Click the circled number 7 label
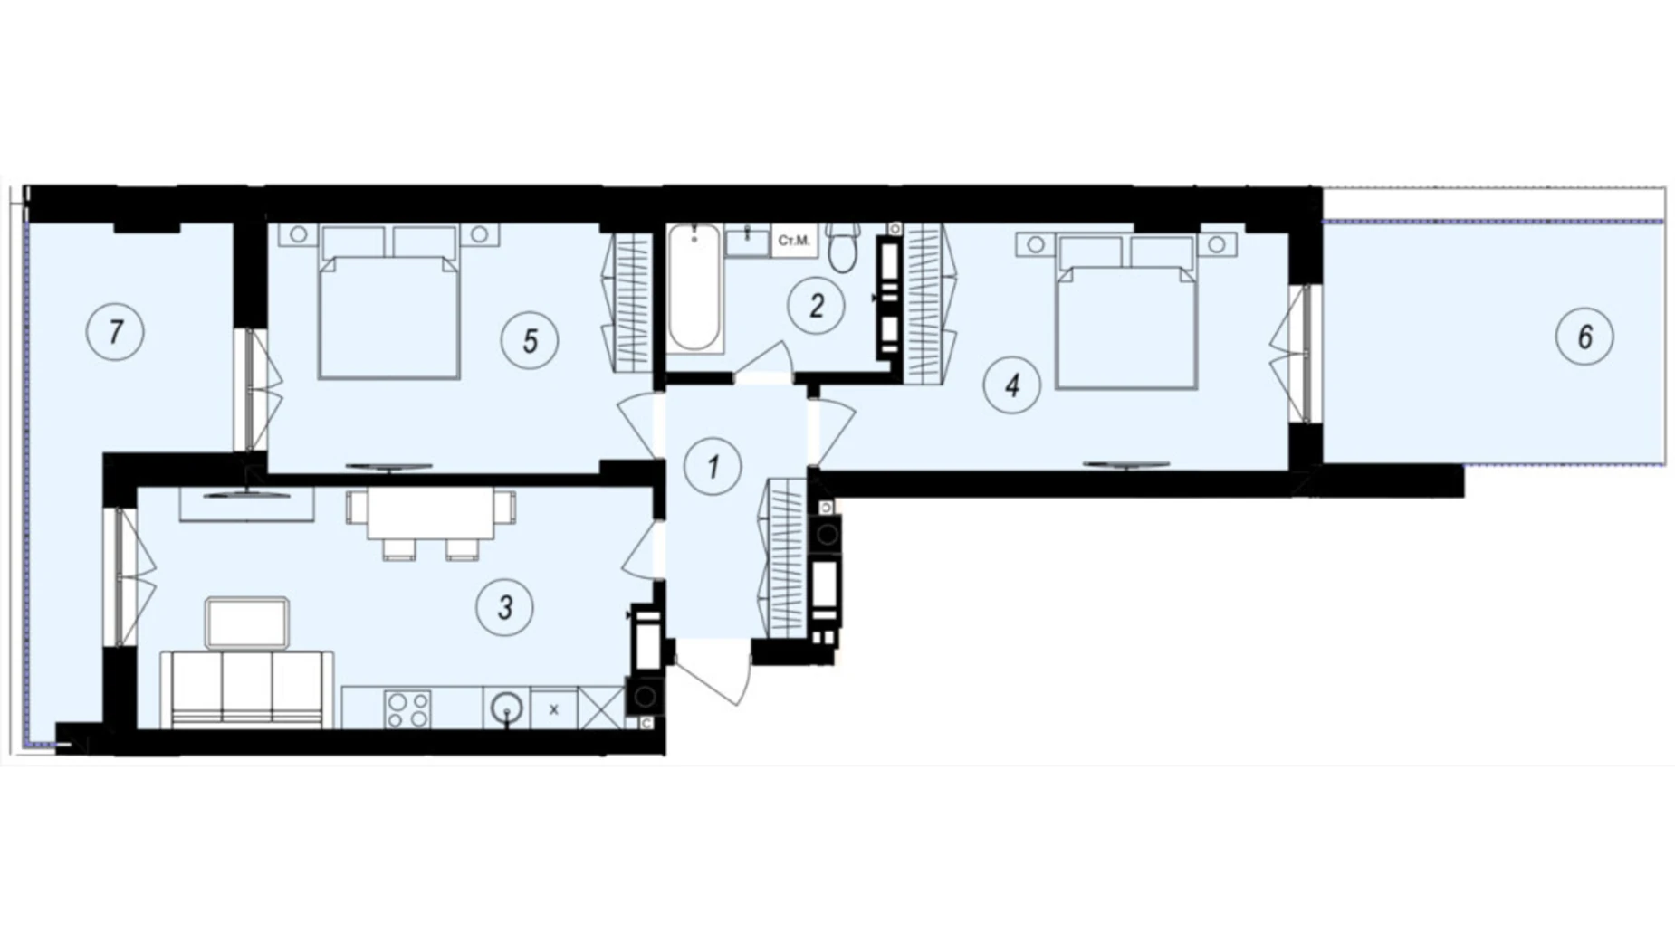115,332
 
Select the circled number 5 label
530,340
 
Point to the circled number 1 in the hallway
713,467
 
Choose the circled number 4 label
1012,385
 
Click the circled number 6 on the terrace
1584,337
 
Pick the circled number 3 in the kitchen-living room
504,607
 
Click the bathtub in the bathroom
695,288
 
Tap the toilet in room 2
843,247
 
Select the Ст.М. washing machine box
794,242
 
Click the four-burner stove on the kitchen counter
407,708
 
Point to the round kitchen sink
507,708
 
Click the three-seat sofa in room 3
246,689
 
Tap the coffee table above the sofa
247,623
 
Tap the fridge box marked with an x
554,709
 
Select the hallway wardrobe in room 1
786,557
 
